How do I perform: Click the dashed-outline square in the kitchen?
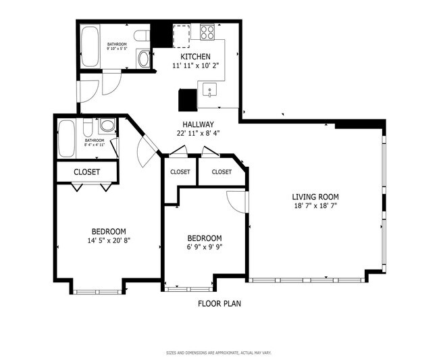click(181, 34)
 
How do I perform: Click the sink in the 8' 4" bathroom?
click(107, 126)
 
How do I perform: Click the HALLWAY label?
click(198, 124)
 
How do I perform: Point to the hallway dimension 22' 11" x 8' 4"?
click(198, 134)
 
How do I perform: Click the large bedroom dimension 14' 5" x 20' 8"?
click(108, 240)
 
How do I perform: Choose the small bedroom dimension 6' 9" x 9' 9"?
click(204, 247)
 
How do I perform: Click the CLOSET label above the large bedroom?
click(86, 172)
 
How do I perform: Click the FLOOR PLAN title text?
click(219, 303)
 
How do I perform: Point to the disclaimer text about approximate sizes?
click(219, 353)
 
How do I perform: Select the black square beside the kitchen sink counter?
click(187, 100)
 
